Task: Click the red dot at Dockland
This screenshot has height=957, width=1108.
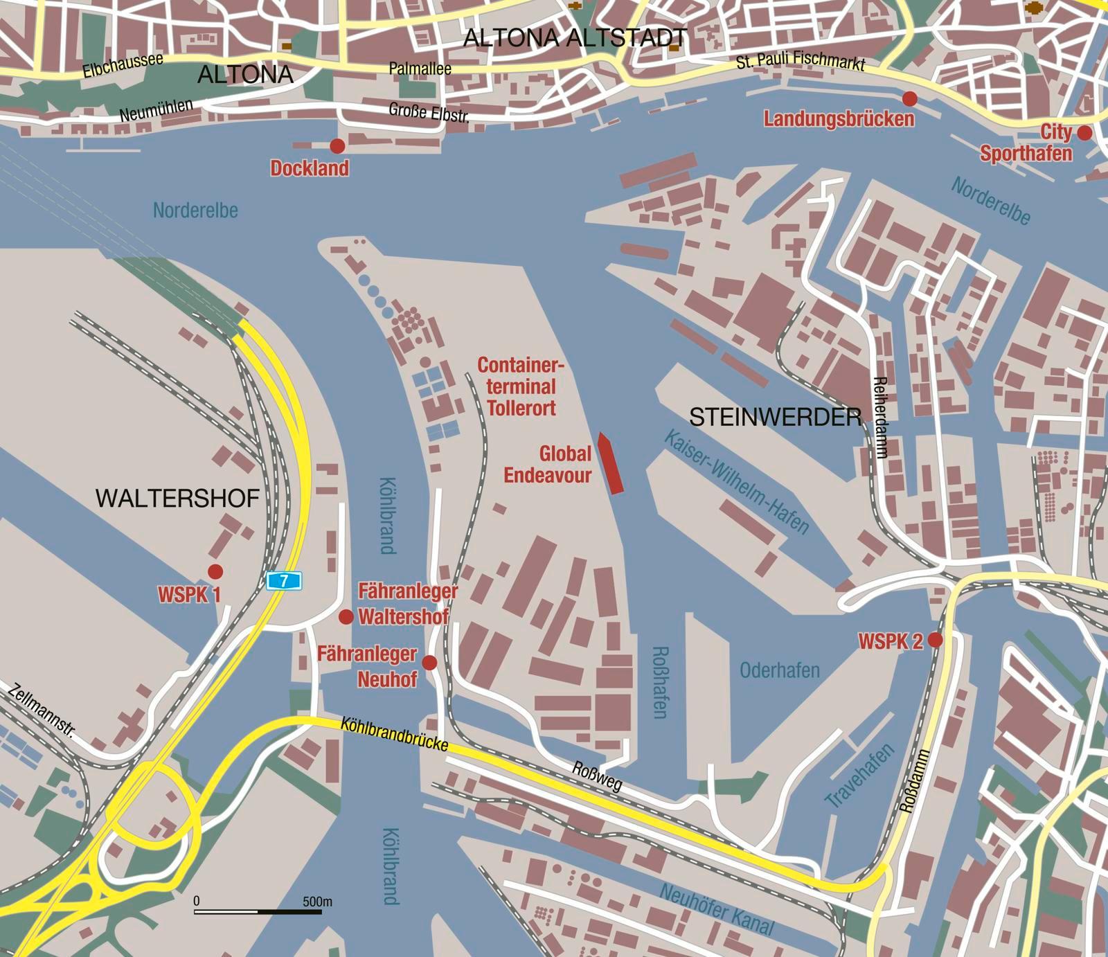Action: coord(337,146)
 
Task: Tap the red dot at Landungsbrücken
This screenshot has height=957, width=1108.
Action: coord(910,98)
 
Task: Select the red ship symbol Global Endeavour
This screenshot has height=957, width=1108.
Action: coord(610,463)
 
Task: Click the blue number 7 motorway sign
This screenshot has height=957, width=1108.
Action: coord(284,580)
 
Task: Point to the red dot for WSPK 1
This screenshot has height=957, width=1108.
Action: coord(215,571)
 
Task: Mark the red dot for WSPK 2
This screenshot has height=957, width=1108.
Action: coord(935,640)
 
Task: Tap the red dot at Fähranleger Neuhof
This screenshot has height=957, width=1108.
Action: coord(429,663)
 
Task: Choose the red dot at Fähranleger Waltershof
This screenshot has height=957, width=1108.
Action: coord(346,616)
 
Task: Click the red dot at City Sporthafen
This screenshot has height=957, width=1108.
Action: coord(1084,133)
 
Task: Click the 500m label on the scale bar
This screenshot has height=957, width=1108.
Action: coord(317,902)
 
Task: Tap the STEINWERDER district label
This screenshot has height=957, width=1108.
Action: coord(776,418)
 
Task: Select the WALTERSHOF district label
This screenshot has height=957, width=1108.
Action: coord(177,498)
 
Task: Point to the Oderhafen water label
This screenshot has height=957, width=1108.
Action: coord(780,670)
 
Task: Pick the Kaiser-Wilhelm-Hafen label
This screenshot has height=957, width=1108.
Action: coord(736,482)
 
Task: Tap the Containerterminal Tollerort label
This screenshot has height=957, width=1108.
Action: coord(521,386)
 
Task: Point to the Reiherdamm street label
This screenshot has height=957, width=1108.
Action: coord(880,417)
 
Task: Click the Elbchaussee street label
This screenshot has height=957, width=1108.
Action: coord(123,65)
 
